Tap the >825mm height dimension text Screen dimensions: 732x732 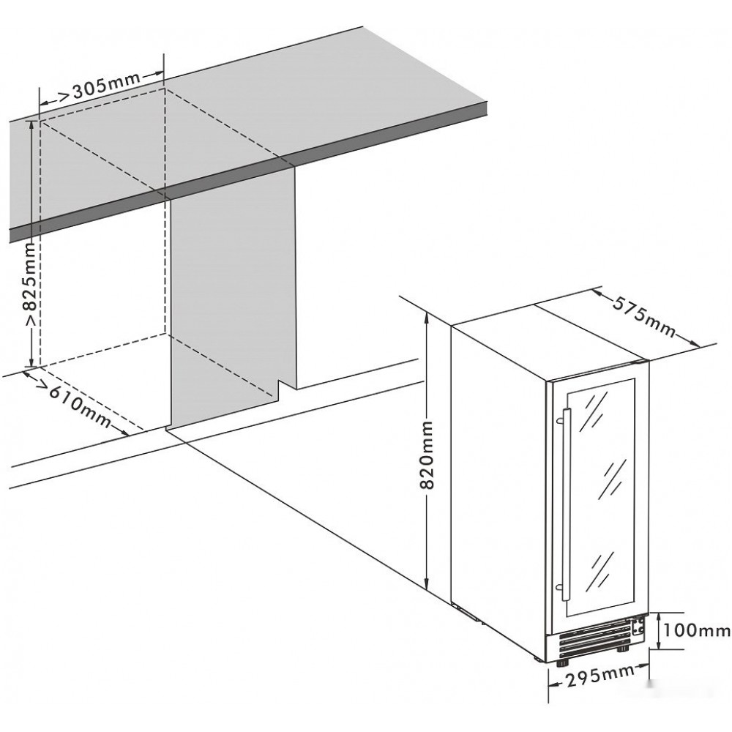[31, 285]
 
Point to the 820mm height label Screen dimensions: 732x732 [426, 455]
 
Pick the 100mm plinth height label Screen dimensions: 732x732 [696, 631]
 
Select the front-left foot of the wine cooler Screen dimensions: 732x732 [562, 663]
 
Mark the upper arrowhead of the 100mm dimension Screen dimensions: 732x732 [658, 617]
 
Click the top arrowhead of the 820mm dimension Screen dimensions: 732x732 [426, 318]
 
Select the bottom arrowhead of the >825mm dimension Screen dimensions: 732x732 [31, 362]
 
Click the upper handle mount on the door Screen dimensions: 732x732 [559, 421]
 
